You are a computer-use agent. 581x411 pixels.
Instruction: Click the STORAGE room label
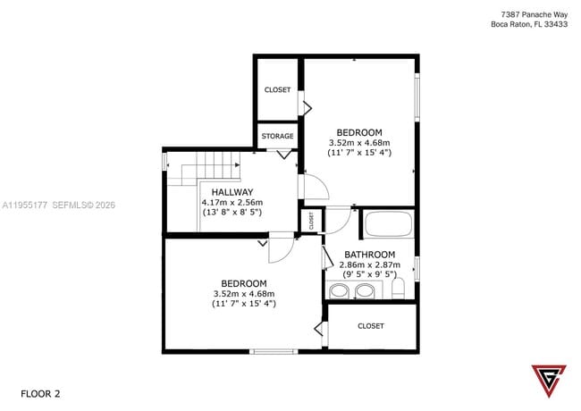click(277, 136)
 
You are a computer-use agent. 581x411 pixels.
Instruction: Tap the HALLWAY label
click(232, 192)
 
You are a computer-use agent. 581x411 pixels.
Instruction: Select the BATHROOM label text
click(370, 255)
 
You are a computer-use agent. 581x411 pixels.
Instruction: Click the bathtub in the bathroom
click(387, 224)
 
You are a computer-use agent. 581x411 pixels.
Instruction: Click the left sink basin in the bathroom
click(340, 290)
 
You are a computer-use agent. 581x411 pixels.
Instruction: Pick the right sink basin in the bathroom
click(365, 290)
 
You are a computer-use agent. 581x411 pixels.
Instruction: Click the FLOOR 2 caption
click(40, 393)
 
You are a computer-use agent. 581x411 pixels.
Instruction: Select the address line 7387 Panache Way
click(535, 13)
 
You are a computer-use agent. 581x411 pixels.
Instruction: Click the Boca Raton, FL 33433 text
click(529, 25)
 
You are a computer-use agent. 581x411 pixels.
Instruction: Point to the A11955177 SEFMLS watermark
click(58, 205)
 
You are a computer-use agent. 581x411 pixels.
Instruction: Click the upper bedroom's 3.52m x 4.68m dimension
click(359, 142)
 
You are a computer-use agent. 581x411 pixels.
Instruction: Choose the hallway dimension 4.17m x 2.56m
click(232, 203)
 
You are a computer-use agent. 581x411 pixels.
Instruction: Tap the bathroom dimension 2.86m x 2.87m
click(370, 264)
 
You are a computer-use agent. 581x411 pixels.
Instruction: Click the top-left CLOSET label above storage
click(277, 90)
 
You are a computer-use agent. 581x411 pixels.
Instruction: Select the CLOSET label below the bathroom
click(370, 326)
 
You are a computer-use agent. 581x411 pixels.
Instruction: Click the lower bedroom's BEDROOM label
click(243, 283)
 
